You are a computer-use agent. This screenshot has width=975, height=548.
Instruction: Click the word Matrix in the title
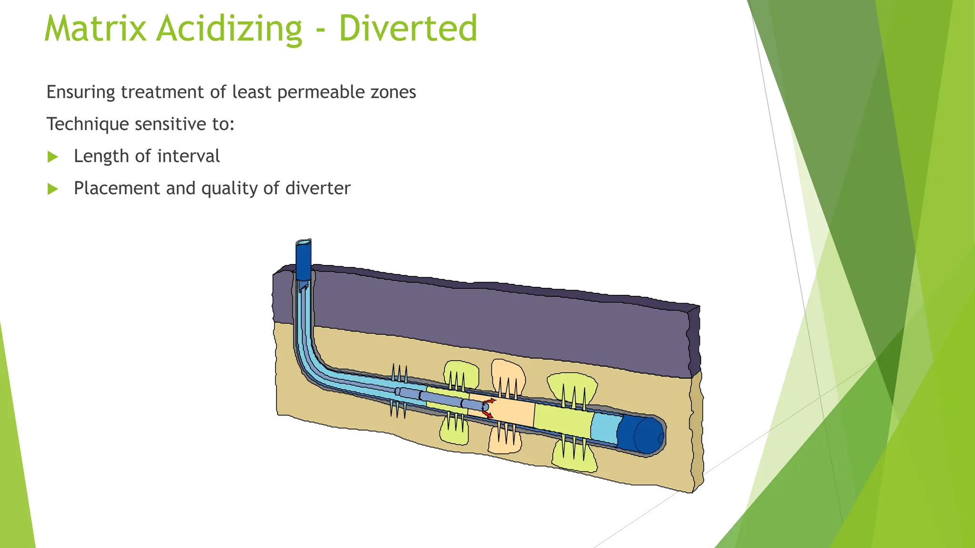(x=95, y=29)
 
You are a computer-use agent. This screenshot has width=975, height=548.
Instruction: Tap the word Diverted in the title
(x=408, y=29)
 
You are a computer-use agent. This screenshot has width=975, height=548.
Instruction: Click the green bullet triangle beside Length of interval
(x=53, y=157)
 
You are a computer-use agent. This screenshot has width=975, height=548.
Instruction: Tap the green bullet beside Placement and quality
(x=53, y=189)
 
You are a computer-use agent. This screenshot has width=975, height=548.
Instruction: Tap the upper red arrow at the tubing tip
(x=491, y=401)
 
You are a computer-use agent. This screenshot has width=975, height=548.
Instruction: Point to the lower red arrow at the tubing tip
(x=487, y=415)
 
